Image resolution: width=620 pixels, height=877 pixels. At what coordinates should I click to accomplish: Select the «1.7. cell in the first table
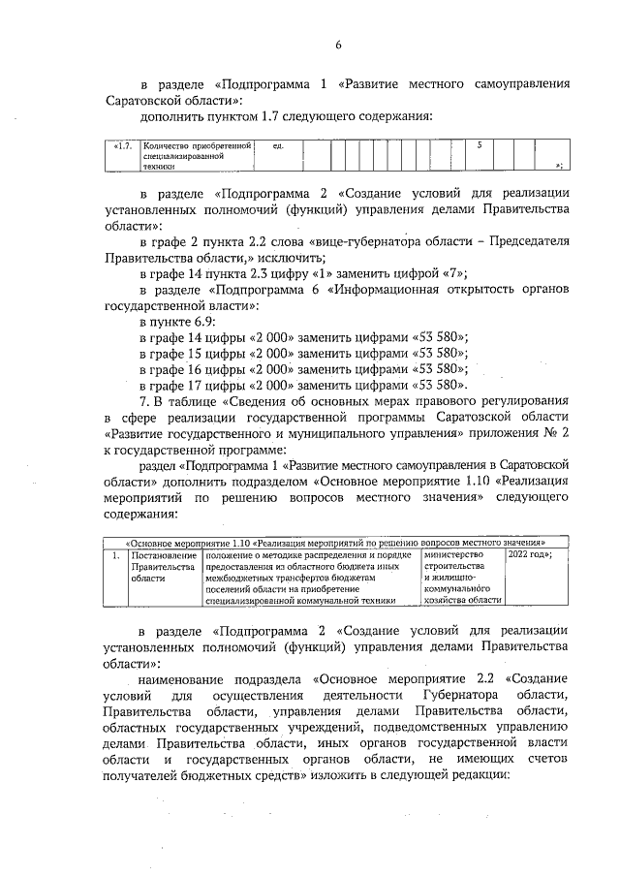point(123,145)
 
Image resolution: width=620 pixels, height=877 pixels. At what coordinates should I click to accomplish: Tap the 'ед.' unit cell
point(278,145)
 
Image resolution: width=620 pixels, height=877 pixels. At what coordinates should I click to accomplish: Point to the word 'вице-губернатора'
point(363,241)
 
